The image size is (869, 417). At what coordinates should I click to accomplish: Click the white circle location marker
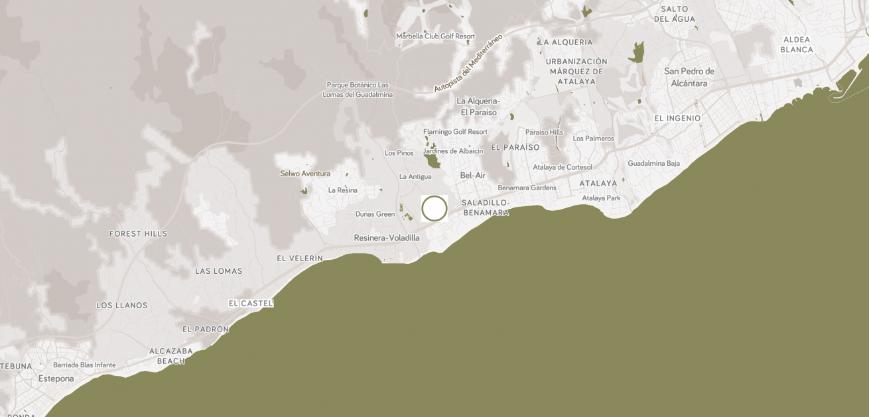pyautogui.click(x=434, y=208)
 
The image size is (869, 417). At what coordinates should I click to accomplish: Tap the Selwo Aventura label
pyautogui.click(x=305, y=174)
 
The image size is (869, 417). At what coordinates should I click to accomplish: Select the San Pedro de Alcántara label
pyautogui.click(x=689, y=77)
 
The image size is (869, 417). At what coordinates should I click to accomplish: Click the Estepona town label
pyautogui.click(x=56, y=379)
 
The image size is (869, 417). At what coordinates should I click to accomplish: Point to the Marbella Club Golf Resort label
pyautogui.click(x=435, y=36)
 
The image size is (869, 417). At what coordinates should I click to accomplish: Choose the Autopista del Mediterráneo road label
pyautogui.click(x=468, y=63)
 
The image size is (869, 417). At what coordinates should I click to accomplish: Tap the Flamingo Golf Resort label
pyautogui.click(x=455, y=132)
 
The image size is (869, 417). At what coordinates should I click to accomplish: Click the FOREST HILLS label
pyautogui.click(x=139, y=234)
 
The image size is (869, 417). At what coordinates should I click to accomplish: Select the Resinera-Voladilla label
pyautogui.click(x=387, y=238)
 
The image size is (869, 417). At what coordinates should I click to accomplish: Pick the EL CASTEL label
pyautogui.click(x=251, y=303)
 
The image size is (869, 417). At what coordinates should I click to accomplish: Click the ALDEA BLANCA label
pyautogui.click(x=797, y=44)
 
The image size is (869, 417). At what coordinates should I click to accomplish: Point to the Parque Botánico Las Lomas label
pyautogui.click(x=358, y=89)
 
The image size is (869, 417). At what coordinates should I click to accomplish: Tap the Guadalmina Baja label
pyautogui.click(x=654, y=163)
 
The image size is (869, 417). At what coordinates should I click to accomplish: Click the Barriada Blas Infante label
pyautogui.click(x=84, y=365)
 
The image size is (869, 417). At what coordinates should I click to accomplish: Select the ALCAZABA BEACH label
pyautogui.click(x=171, y=356)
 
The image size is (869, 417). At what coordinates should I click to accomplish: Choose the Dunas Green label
pyautogui.click(x=375, y=214)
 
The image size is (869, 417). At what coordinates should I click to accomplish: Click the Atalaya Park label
pyautogui.click(x=601, y=198)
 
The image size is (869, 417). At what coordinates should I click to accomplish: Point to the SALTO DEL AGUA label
pyautogui.click(x=675, y=14)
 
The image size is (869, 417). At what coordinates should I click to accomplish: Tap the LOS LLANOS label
pyautogui.click(x=122, y=306)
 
